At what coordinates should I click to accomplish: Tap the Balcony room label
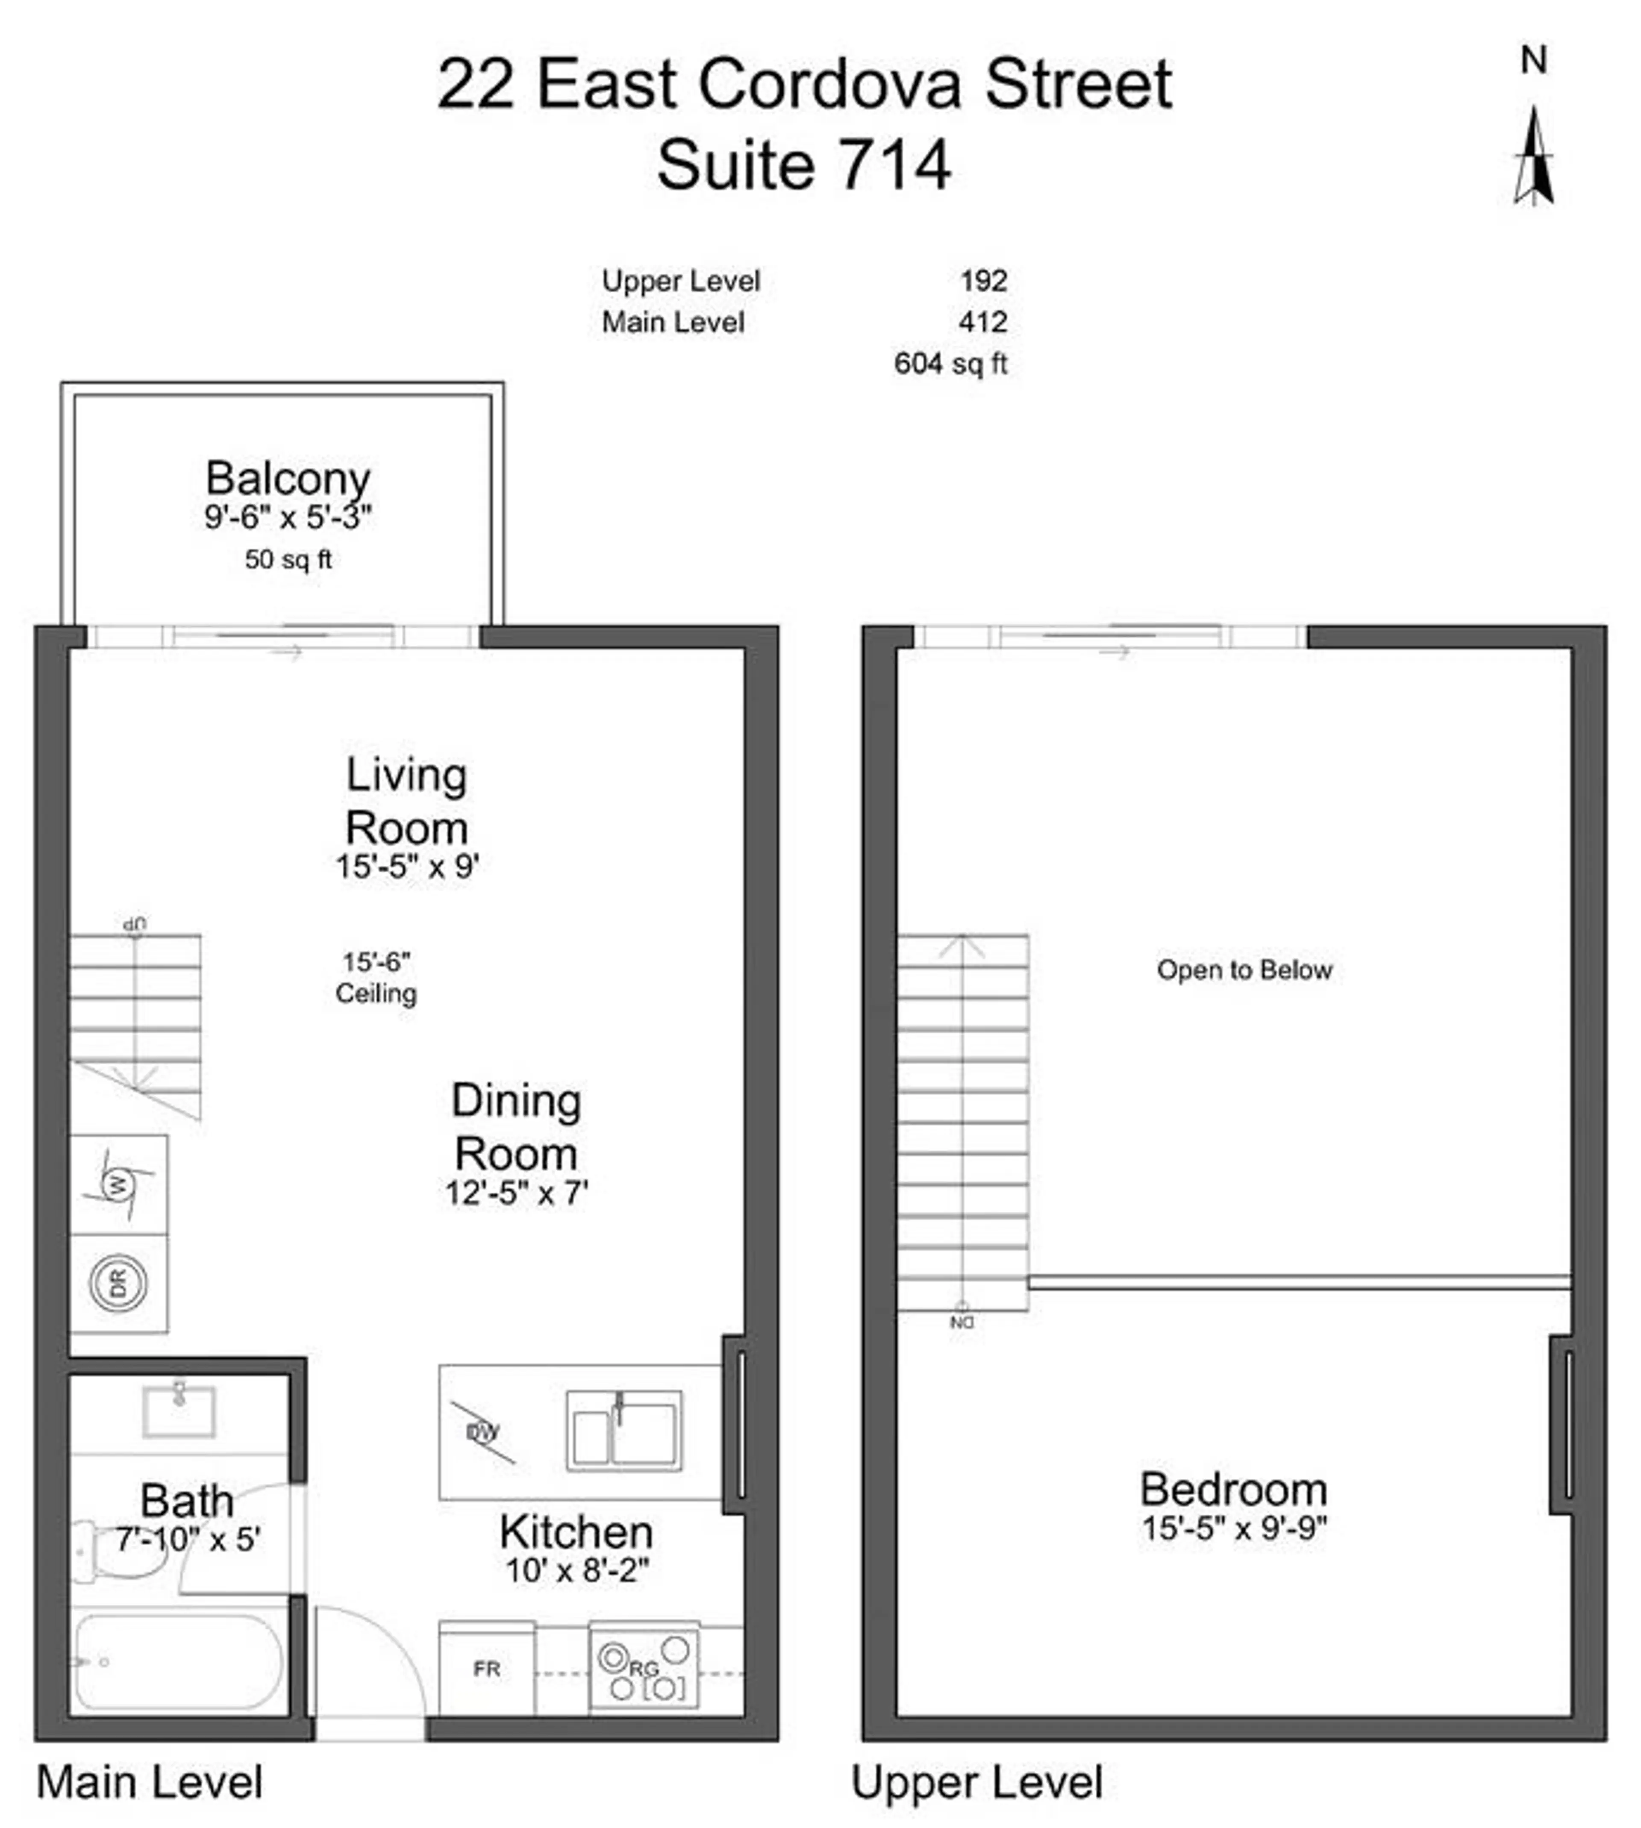point(288,478)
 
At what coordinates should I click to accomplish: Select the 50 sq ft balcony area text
point(288,560)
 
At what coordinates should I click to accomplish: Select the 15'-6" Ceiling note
point(376,978)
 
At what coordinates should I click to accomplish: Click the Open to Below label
point(1244,970)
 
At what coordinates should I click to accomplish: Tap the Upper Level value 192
point(984,281)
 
